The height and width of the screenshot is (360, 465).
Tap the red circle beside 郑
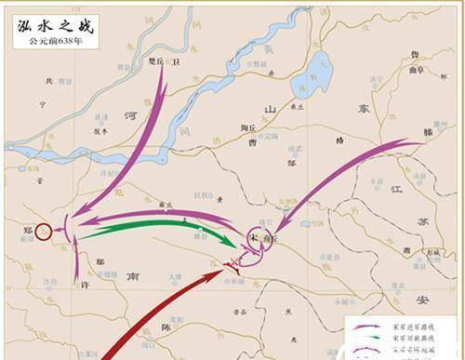(x=43, y=230)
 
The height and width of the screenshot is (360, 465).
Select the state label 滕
(x=429, y=134)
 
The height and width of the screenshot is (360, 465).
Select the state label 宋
(x=254, y=237)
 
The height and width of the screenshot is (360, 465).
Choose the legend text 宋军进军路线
(x=409, y=325)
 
